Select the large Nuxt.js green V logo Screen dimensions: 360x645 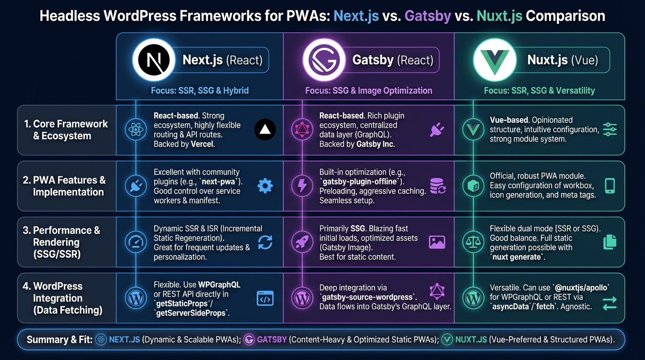494,60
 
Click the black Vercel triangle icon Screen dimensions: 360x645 265,130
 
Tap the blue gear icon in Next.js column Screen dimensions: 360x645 265,186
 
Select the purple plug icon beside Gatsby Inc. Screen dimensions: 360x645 436,130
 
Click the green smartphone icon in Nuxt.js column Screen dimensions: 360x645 609,186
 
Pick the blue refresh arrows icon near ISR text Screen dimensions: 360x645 265,242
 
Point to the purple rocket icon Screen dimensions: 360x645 302,242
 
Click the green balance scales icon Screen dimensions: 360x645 472,242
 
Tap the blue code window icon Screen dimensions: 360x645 265,298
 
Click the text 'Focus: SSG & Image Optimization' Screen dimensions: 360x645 368,90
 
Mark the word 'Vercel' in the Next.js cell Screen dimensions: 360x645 202,144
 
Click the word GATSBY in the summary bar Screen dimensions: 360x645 272,340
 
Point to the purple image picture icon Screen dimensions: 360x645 436,242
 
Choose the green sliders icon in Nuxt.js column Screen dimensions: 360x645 609,130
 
